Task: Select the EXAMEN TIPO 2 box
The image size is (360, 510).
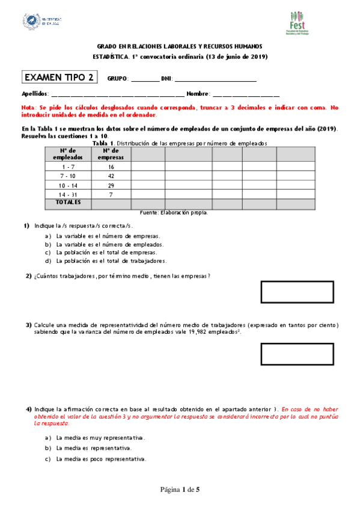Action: tap(59, 77)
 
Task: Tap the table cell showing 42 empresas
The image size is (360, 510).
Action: tap(111, 176)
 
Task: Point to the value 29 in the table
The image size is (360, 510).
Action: tap(111, 185)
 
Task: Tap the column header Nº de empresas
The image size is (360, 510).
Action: tap(111, 153)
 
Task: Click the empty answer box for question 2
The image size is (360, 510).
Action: tap(297, 291)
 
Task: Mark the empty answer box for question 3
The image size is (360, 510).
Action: tap(297, 354)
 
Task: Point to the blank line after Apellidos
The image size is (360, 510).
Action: tap(118, 94)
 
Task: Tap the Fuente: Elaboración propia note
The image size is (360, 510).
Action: tap(173, 212)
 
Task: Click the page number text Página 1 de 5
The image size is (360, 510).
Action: tap(179, 490)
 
